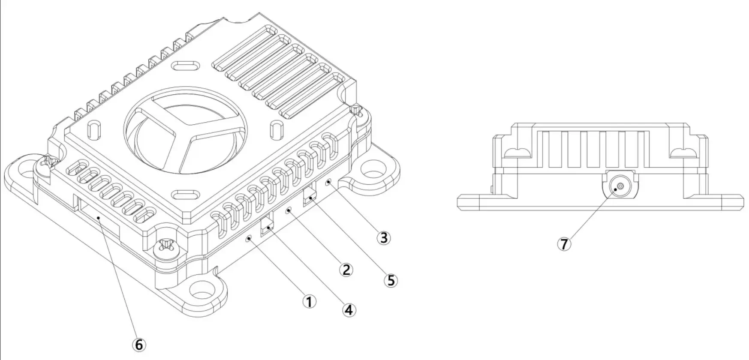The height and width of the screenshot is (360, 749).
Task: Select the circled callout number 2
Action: coord(346,270)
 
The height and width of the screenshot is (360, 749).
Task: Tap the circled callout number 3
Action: coord(383,237)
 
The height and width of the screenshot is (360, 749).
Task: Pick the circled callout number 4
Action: coord(349,309)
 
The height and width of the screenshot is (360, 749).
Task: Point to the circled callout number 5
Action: coord(391,280)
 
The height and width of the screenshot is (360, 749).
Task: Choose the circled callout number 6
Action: coord(138,344)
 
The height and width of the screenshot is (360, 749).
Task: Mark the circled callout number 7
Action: coord(564,244)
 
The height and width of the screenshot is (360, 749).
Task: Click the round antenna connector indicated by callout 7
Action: coord(620,187)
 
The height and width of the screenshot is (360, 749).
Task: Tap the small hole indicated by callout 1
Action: coord(249,238)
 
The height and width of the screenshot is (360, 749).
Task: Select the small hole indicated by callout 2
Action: coord(289,210)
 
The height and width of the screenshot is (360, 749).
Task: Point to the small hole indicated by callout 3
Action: coord(328,183)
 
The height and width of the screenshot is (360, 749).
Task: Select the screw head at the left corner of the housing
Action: coord(48,163)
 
